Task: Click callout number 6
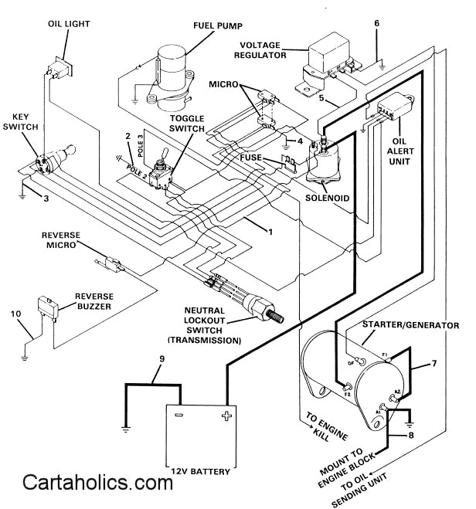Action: (x=376, y=22)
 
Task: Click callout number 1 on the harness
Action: (x=270, y=232)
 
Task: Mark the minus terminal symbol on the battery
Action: (x=178, y=416)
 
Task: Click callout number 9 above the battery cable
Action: (x=161, y=358)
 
